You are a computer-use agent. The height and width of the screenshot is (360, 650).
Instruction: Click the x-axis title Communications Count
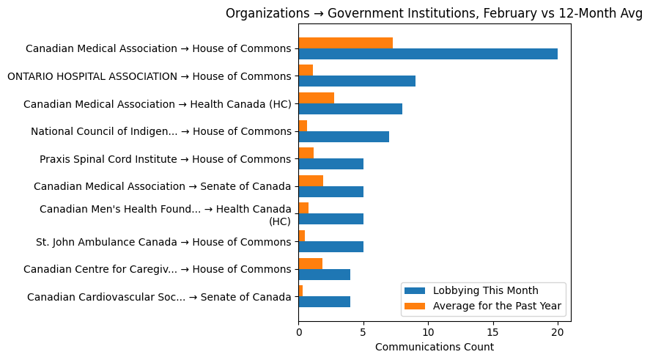434,347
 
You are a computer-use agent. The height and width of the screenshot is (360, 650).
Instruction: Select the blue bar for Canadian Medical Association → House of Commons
427,54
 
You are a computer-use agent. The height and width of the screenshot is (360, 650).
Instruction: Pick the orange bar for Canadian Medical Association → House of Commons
345,43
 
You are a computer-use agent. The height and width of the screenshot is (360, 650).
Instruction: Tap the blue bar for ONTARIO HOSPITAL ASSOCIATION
357,81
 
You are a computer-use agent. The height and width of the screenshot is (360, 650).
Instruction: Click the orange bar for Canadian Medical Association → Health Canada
316,98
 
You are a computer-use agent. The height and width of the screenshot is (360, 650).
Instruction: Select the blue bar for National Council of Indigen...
344,136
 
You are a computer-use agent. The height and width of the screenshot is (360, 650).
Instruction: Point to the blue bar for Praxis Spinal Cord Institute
330,164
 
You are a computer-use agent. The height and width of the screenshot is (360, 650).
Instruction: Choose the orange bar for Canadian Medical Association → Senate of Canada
311,181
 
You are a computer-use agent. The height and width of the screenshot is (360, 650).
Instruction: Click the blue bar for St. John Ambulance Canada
330,247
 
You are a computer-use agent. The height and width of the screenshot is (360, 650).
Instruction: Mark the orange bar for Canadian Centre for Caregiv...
310,264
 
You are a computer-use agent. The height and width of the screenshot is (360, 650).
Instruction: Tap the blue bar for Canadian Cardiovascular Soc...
324,302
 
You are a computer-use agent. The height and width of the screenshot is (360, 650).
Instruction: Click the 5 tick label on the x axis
363,332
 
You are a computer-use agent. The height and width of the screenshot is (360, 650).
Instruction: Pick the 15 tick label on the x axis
492,332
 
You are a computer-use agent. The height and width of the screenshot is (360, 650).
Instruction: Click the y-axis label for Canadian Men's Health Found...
165,215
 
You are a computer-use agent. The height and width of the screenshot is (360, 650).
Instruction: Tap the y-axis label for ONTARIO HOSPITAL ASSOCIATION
149,76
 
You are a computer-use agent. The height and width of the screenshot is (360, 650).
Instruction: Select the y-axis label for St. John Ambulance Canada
163,242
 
